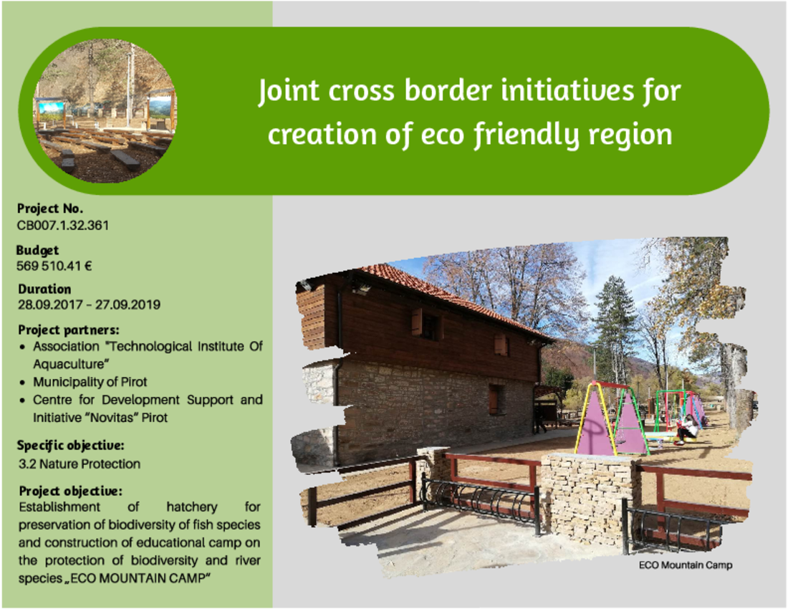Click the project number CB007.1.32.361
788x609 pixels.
63,225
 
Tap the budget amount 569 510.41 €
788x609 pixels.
54,266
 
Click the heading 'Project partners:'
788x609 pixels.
69,330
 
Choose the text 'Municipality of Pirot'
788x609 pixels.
90,382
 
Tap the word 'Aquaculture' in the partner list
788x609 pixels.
71,364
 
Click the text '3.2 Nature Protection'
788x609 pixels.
80,464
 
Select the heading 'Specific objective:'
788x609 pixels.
70,446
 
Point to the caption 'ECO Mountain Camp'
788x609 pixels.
686,565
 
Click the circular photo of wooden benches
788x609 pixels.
105,111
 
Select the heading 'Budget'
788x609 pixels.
37,250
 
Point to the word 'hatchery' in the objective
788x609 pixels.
192,507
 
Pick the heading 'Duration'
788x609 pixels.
44,289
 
